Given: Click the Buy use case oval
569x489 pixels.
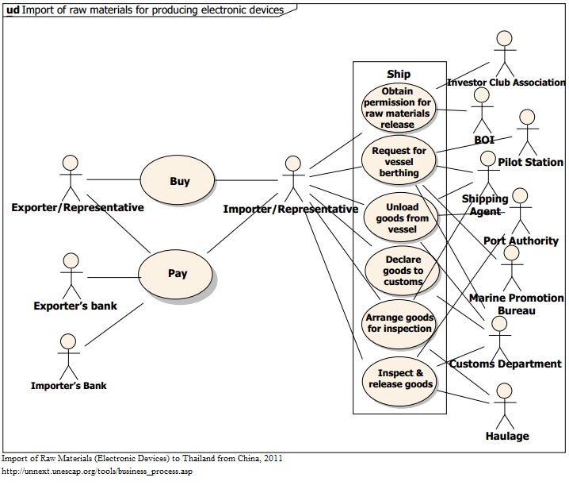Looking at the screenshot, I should [179, 181].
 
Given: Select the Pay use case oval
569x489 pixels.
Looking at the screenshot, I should [178, 274].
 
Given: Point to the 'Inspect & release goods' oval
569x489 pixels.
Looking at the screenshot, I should [400, 379].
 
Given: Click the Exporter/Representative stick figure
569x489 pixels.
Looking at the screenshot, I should [71, 176].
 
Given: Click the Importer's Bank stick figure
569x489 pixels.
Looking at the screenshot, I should [68, 355].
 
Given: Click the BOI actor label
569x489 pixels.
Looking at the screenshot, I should [483, 140].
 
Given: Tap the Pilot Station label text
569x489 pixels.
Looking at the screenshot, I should [530, 162].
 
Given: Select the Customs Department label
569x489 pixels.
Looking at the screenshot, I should [505, 364].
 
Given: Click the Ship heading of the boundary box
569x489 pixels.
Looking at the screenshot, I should [399, 74].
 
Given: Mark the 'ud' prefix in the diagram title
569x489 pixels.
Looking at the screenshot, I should [13, 10].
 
